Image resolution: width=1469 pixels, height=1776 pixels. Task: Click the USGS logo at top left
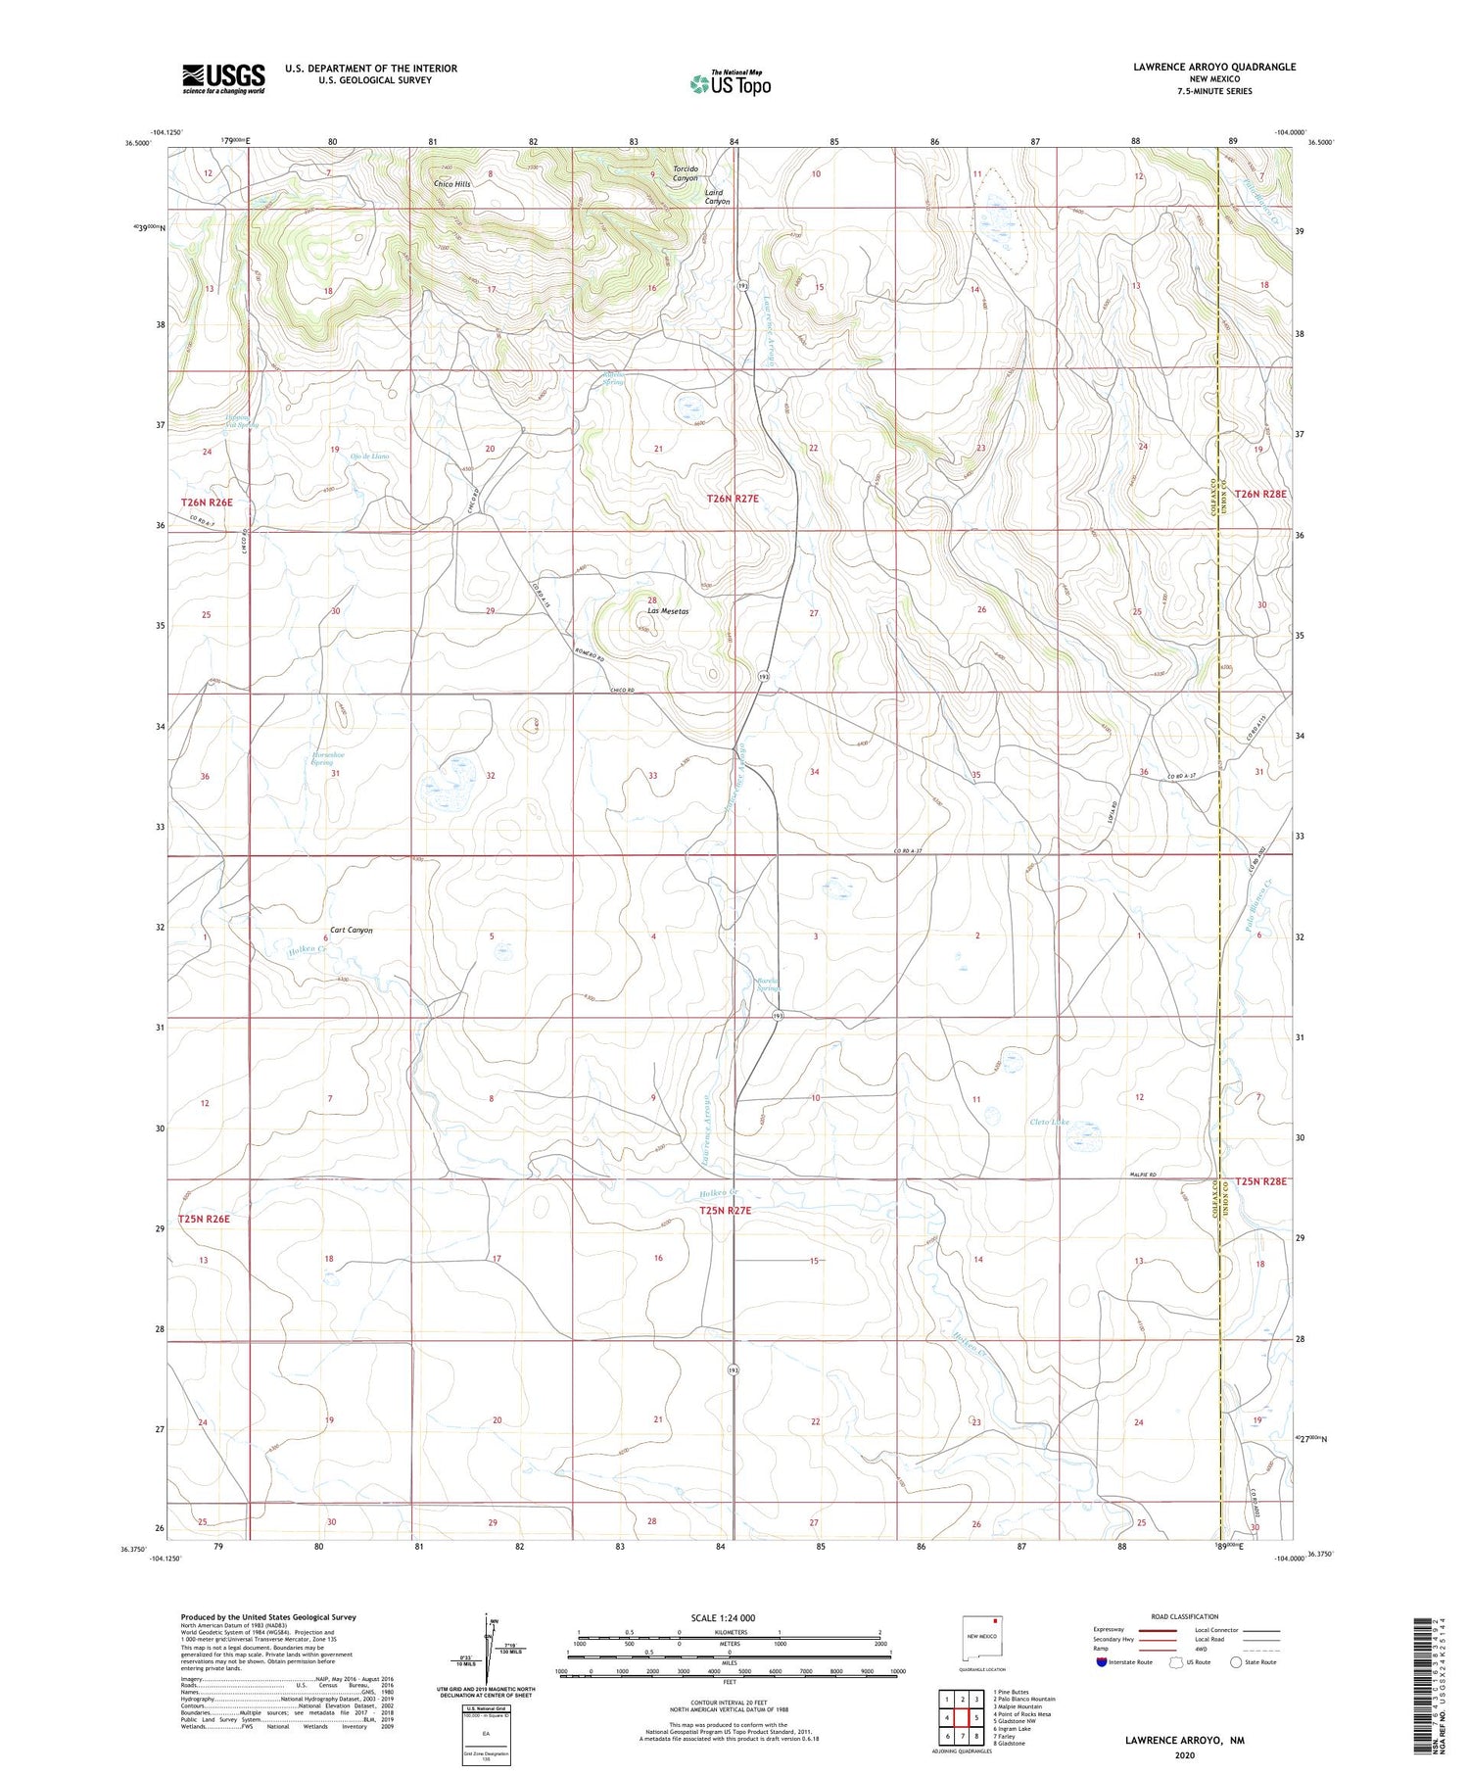point(223,78)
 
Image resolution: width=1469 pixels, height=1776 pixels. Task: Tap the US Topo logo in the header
point(731,83)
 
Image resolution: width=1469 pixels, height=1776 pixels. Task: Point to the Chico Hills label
point(452,184)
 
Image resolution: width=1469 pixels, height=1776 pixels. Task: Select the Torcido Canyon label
point(686,173)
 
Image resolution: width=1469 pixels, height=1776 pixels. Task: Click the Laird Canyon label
point(718,197)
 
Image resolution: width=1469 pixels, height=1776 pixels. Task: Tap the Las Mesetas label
point(667,611)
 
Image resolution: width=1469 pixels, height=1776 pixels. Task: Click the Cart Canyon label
point(351,930)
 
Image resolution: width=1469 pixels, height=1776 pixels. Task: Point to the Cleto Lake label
point(1050,1123)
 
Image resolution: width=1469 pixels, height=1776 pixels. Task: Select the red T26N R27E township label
point(733,499)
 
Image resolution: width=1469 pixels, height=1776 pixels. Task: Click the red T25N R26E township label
point(204,1219)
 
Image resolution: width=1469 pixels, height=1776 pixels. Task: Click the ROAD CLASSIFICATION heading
point(1184,1616)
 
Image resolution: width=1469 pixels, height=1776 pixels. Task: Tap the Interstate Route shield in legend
point(1102,1661)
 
